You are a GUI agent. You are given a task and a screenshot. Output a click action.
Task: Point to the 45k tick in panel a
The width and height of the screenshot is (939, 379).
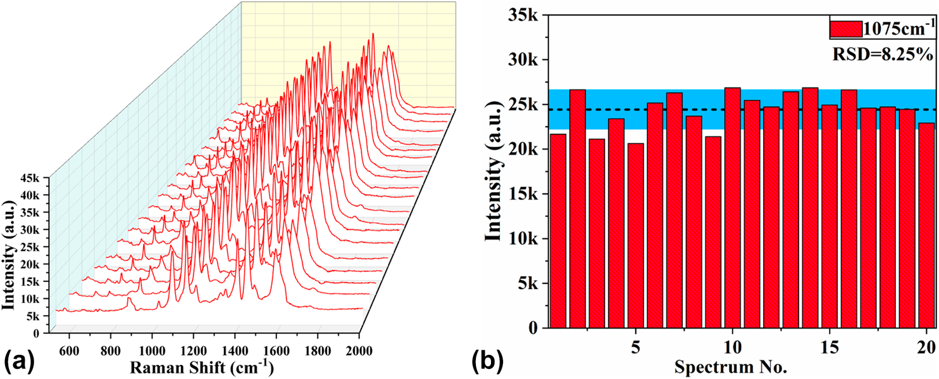click(x=30, y=179)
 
